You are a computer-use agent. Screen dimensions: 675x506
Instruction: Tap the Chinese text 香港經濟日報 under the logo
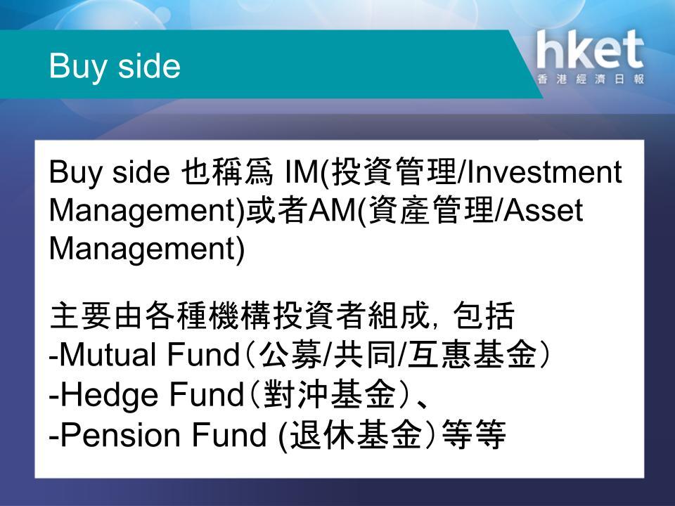(591, 79)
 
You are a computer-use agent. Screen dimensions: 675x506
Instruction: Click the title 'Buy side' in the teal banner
(115, 67)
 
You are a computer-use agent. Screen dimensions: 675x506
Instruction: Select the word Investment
(544, 171)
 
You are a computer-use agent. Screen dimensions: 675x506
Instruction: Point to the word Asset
(543, 210)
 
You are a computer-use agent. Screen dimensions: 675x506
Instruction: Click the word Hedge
(110, 395)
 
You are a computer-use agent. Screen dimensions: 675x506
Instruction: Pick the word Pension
(120, 434)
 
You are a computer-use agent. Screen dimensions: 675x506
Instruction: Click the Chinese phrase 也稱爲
(227, 171)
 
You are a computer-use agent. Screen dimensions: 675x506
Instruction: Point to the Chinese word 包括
(484, 316)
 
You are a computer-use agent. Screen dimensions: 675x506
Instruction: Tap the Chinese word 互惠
(439, 355)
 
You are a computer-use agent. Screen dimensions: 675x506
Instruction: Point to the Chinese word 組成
(399, 316)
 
